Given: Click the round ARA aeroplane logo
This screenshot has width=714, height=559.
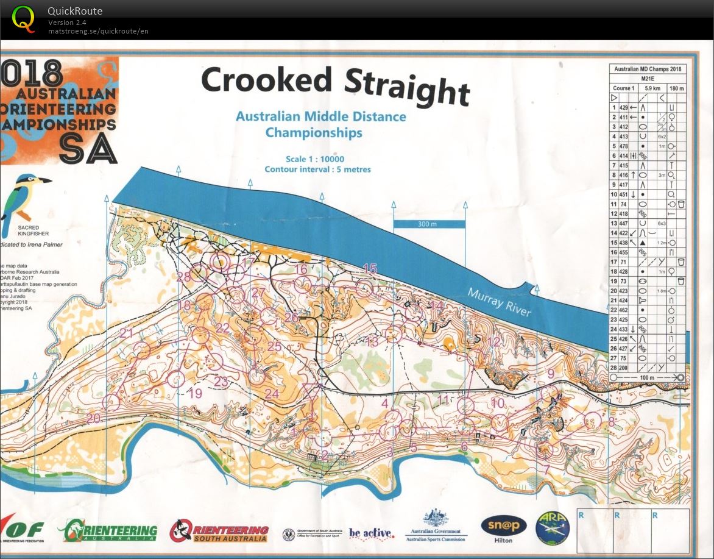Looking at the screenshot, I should [552, 527].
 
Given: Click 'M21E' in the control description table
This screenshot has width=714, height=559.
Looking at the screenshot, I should [647, 78].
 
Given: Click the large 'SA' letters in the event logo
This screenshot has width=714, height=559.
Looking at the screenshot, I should [89, 148].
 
